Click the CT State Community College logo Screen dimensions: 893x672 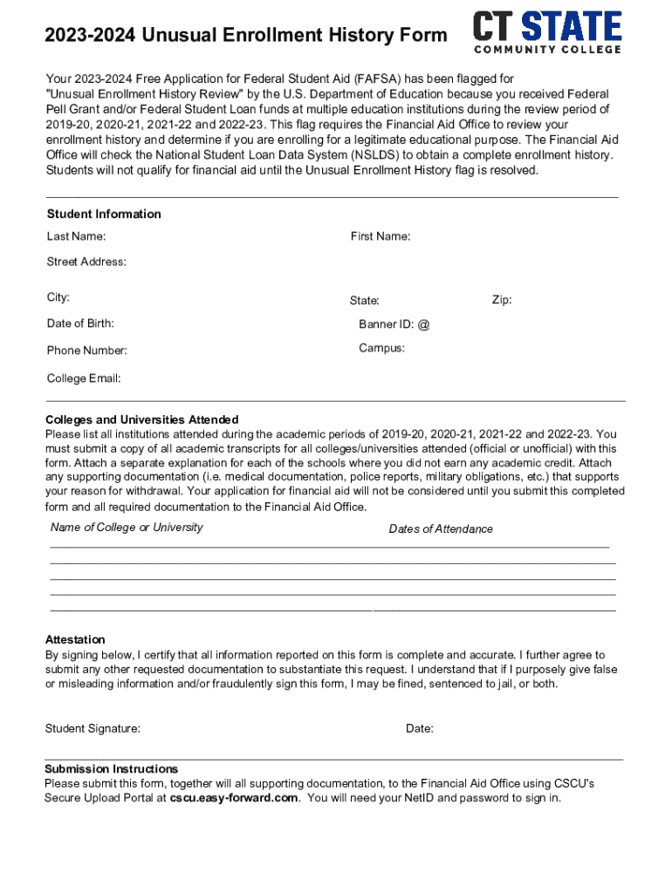(x=547, y=31)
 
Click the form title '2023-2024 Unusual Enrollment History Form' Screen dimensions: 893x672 (x=246, y=36)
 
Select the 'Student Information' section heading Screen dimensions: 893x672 (x=104, y=214)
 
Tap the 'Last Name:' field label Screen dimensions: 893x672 (x=77, y=236)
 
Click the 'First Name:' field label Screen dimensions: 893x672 (x=381, y=236)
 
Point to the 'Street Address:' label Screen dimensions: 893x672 (x=86, y=262)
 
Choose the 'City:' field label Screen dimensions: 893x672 (x=58, y=297)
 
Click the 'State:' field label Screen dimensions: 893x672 (x=365, y=301)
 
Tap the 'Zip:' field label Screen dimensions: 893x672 (x=502, y=300)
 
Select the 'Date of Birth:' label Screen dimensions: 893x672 (x=80, y=324)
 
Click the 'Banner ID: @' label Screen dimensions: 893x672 (x=394, y=324)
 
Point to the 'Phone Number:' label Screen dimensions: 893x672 (x=87, y=351)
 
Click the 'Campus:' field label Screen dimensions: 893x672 (x=381, y=348)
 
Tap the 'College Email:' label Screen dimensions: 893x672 (x=84, y=378)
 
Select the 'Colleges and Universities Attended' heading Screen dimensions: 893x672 (x=141, y=419)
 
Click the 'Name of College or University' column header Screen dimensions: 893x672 (x=127, y=527)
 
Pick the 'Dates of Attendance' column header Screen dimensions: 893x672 (x=441, y=528)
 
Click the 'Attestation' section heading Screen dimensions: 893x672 (x=75, y=639)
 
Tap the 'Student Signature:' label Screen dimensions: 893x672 (x=93, y=728)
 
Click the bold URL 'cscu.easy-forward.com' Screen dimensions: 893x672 (x=234, y=798)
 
